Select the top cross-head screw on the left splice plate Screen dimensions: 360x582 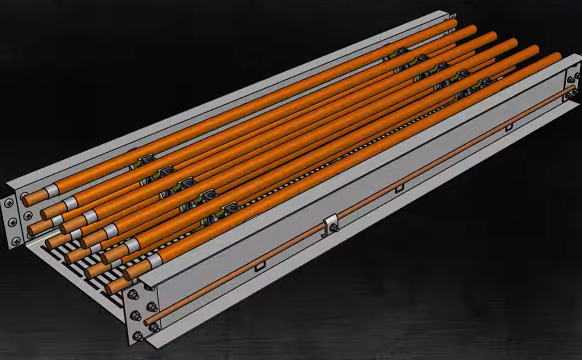point(10,203)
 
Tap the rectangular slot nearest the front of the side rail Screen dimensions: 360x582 point(260,267)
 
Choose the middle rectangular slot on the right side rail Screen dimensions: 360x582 point(398,188)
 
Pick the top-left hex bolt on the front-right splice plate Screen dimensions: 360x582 point(133,294)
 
